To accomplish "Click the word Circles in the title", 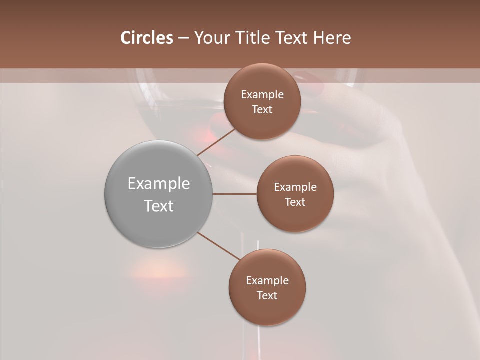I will [x=147, y=38].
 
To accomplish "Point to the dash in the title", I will [x=183, y=38].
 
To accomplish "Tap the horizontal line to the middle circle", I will [x=235, y=194].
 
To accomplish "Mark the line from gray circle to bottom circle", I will [x=219, y=246].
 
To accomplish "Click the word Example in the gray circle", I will [x=159, y=184].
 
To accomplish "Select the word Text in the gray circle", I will [x=159, y=206].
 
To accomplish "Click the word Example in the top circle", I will [x=262, y=94].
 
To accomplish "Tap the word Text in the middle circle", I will [x=295, y=202].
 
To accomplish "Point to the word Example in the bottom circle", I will [x=267, y=280].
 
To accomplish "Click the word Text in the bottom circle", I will [x=267, y=295].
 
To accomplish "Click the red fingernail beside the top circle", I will [x=310, y=80].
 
